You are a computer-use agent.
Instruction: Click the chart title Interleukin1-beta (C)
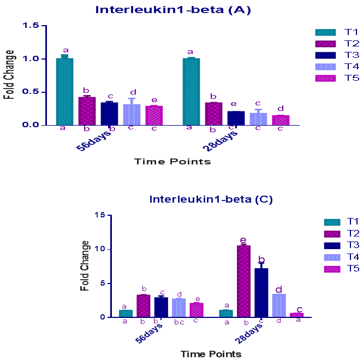pos(211,199)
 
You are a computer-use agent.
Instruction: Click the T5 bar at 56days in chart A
pos(154,115)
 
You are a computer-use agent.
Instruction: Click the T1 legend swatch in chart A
pos(325,32)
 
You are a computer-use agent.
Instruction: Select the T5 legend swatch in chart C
pos(331,269)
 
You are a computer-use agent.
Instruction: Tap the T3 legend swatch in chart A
pos(325,55)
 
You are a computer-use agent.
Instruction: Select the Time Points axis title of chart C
pos(211,353)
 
